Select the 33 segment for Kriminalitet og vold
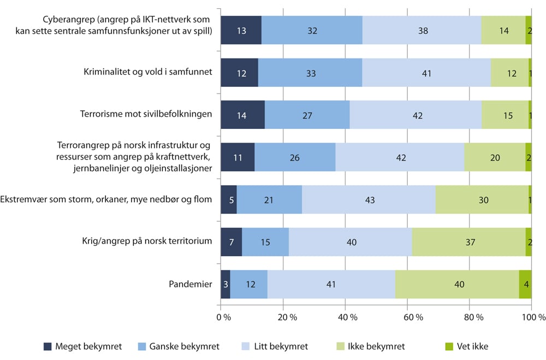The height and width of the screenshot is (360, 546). click(x=310, y=73)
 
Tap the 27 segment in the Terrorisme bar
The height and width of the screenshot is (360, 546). click(x=307, y=115)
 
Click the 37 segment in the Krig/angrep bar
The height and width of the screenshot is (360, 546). click(x=468, y=242)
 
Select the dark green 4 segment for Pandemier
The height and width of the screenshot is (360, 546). click(x=525, y=284)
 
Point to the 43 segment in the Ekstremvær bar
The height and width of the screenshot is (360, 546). click(x=369, y=200)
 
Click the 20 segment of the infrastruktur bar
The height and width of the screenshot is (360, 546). click(x=495, y=157)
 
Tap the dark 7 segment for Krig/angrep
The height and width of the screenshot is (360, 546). click(x=231, y=242)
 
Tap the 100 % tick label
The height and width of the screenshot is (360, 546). click(x=533, y=317)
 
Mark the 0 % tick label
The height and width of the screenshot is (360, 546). click(x=221, y=317)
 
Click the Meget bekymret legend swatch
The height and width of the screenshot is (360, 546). click(x=48, y=346)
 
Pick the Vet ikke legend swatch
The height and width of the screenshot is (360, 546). click(x=450, y=346)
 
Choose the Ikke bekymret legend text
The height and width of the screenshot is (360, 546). click(x=373, y=346)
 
